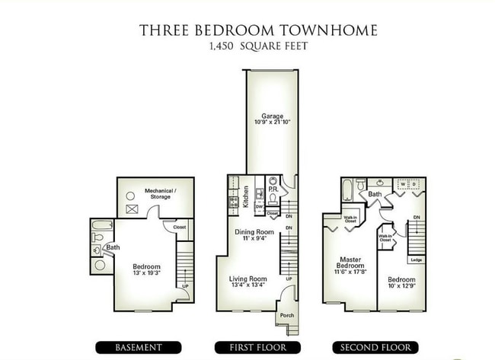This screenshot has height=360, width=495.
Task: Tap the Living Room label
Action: click(x=248, y=279)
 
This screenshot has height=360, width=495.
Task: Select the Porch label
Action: click(x=287, y=315)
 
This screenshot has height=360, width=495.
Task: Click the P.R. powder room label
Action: click(x=272, y=189)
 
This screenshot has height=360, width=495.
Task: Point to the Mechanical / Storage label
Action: click(x=161, y=193)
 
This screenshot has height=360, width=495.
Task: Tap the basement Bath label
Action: click(x=113, y=247)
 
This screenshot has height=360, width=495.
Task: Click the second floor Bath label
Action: click(x=375, y=195)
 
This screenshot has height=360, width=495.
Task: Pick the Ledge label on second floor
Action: click(x=416, y=260)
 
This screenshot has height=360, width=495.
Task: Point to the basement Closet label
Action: click(x=180, y=227)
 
